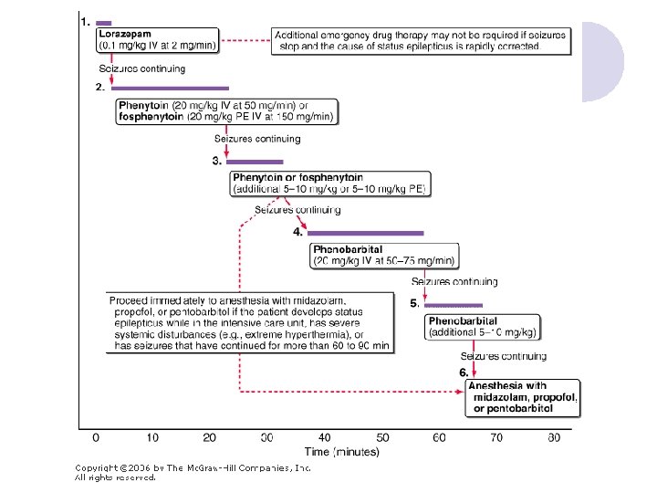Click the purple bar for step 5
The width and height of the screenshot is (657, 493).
tap(454, 304)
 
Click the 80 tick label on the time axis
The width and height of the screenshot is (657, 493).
tap(554, 437)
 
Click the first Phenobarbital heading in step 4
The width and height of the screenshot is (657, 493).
tap(348, 248)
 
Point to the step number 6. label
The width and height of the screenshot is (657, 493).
tap(464, 372)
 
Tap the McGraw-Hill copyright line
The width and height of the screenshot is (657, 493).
tap(193, 467)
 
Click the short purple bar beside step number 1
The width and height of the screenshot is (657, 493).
tap(104, 21)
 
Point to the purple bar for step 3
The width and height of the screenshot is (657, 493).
tap(248, 162)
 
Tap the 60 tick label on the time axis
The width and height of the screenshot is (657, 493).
tap(440, 437)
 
